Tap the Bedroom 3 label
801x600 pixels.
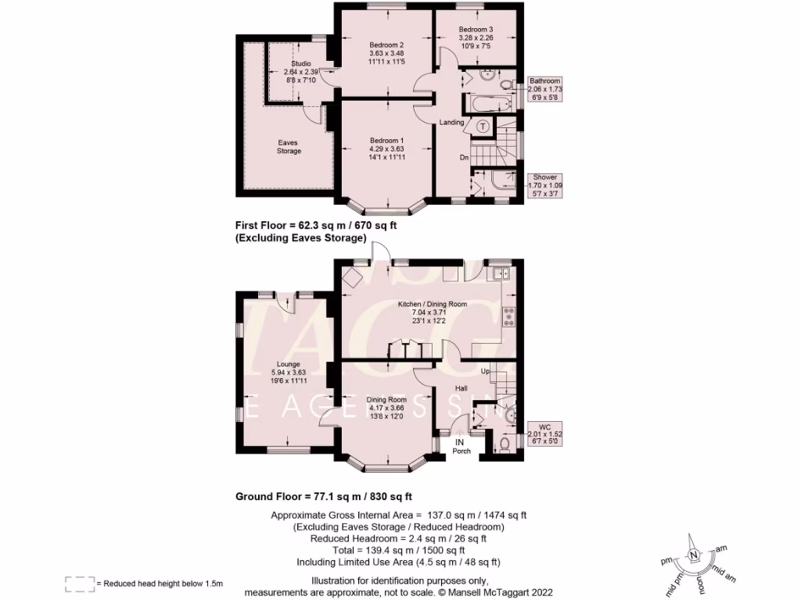click(476, 30)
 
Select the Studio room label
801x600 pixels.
click(300, 63)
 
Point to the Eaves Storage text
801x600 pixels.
click(288, 147)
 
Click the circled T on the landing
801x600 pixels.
click(483, 127)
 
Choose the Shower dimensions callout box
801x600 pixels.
click(544, 186)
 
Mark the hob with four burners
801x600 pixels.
click(508, 316)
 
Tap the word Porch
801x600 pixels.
click(462, 450)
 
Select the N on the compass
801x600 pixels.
click(693, 555)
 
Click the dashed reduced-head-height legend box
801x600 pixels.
click(79, 582)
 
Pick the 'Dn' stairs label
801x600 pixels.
click(464, 158)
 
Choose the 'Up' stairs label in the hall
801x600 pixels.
click(485, 371)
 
